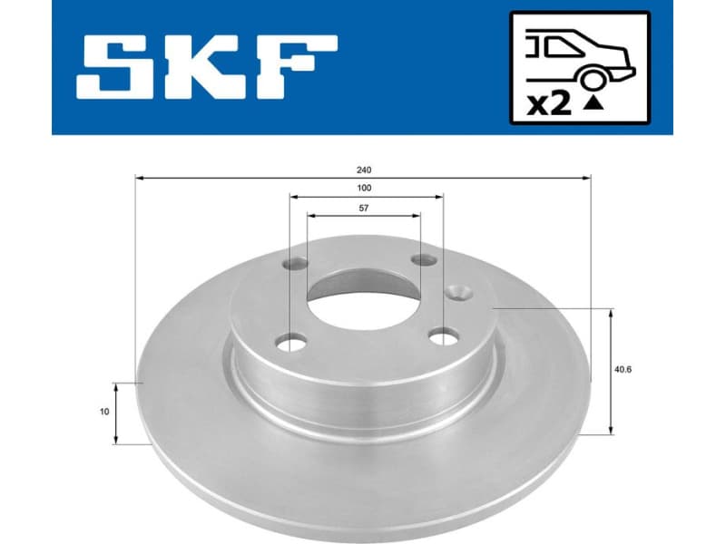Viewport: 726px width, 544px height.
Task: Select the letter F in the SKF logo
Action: click(x=293, y=68)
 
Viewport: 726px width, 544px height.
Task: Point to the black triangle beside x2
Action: click(x=593, y=105)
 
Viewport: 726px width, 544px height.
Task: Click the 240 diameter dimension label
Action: click(x=364, y=169)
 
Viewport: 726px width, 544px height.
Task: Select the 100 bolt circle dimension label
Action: click(x=364, y=188)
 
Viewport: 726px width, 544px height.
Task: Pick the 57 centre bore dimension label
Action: click(x=364, y=208)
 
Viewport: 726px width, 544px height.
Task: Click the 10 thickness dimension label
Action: click(x=105, y=412)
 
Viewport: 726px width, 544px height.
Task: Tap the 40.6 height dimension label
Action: click(x=623, y=370)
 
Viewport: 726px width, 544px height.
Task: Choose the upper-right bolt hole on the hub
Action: click(x=424, y=261)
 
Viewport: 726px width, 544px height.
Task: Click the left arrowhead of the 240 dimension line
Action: click(x=139, y=178)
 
